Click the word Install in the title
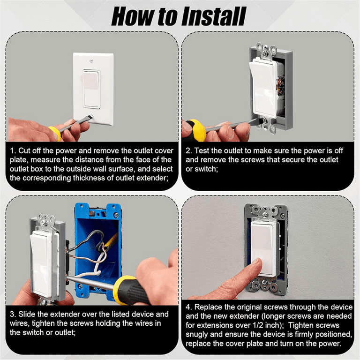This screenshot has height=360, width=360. pyautogui.click(x=214, y=16)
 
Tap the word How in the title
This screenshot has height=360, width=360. pyautogui.click(x=132, y=16)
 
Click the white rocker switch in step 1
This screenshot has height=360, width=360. pyautogui.click(x=91, y=89)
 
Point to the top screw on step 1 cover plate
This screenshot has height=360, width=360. pyautogui.click(x=91, y=61)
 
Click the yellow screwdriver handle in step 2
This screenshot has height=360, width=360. pyautogui.click(x=195, y=130)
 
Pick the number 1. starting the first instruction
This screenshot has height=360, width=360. pyautogui.click(x=13, y=151)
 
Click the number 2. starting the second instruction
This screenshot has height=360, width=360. pyautogui.click(x=189, y=151)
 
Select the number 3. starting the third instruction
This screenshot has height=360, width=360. pyautogui.click(x=13, y=315)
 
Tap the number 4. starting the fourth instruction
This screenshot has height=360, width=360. pyautogui.click(x=189, y=307)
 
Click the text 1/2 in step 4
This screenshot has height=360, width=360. pyautogui.click(x=259, y=325)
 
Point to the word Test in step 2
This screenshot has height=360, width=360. pyautogui.click(x=202, y=151)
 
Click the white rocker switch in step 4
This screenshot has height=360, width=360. pyautogui.click(x=262, y=248)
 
